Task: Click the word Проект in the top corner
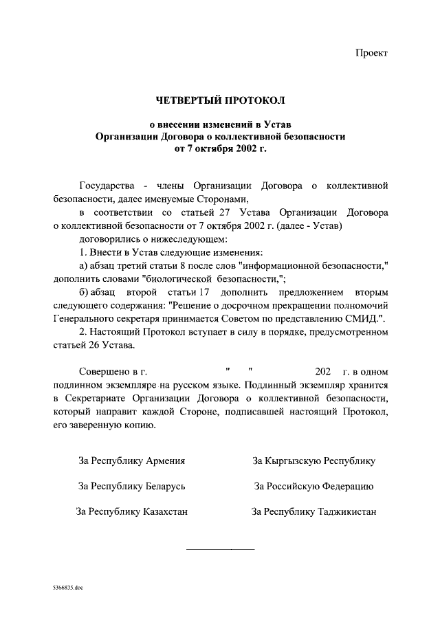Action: click(x=372, y=53)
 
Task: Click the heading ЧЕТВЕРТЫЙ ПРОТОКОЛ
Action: click(x=220, y=102)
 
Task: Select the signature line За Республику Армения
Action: click(x=132, y=460)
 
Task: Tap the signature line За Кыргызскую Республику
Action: click(x=313, y=460)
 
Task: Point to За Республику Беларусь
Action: click(x=132, y=486)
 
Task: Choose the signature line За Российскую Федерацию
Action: click(x=313, y=486)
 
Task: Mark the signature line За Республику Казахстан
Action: click(x=132, y=511)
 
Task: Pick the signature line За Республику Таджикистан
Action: click(x=313, y=511)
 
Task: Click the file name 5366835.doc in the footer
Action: click(x=67, y=589)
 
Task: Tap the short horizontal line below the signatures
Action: click(x=220, y=548)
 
